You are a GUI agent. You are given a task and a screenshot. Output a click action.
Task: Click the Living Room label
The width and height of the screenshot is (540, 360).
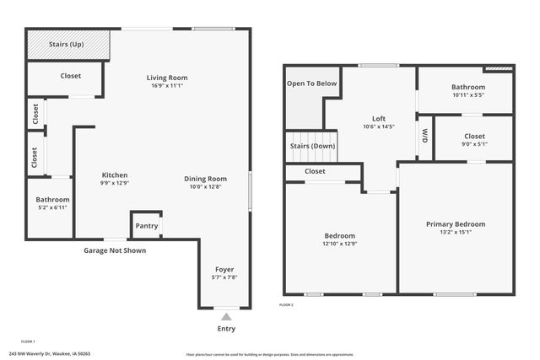pyautogui.click(x=166, y=78)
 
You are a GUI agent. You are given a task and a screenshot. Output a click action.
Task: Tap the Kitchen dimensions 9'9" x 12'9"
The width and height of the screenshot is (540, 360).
pyautogui.click(x=115, y=183)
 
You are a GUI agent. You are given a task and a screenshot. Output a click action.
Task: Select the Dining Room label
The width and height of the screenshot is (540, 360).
pyautogui.click(x=206, y=178)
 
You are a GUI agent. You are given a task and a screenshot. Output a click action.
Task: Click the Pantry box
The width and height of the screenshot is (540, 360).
pyautogui.click(x=144, y=226)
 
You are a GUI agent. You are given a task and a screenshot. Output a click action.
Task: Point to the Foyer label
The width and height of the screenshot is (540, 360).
pyautogui.click(x=224, y=270)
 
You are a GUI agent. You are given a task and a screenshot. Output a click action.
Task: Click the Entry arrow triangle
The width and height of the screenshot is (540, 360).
pyautogui.click(x=226, y=317)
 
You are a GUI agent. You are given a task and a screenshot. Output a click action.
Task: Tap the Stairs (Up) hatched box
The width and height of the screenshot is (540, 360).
pyautogui.click(x=68, y=44)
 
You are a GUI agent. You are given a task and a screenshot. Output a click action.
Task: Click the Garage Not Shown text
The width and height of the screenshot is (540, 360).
pyautogui.click(x=114, y=250)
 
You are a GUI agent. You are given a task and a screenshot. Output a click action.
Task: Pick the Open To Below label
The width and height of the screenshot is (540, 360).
pyautogui.click(x=311, y=83)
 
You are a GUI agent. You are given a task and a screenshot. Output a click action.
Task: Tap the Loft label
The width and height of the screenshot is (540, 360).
pyautogui.click(x=378, y=118)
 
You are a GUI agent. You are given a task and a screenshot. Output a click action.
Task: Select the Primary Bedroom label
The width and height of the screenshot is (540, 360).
pyautogui.click(x=455, y=223)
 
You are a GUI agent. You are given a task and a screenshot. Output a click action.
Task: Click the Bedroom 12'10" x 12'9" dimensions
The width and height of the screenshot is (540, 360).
pyautogui.click(x=340, y=244)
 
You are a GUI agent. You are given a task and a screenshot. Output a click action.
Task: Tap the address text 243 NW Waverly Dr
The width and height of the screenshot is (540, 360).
pyautogui.click(x=48, y=354)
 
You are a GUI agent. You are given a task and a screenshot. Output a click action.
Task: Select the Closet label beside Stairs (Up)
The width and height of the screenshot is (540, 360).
pyautogui.click(x=71, y=76)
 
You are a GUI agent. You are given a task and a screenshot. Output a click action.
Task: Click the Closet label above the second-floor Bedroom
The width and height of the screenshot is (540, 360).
pyautogui.click(x=315, y=171)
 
